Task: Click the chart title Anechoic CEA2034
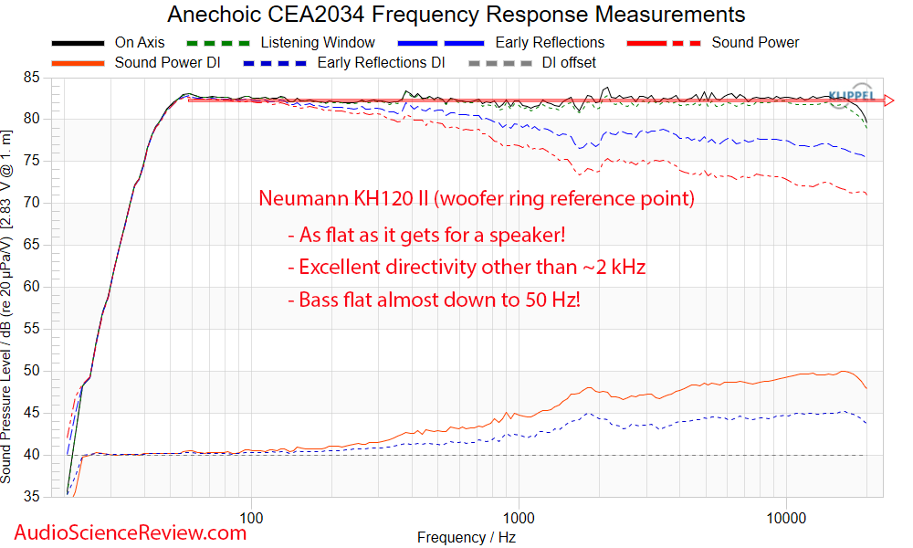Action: point(456,15)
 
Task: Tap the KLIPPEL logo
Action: point(852,95)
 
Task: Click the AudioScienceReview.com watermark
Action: point(129,532)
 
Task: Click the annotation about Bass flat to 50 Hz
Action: point(434,299)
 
